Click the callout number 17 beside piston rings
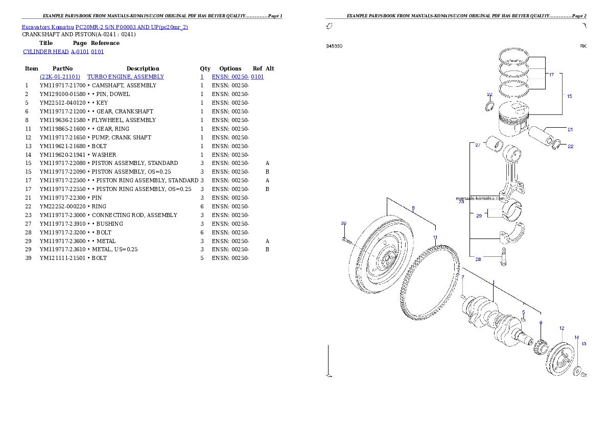[x=551, y=75]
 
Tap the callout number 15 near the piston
[x=569, y=96]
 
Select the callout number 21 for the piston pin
[x=570, y=129]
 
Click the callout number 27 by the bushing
[x=478, y=146]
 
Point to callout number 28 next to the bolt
[x=478, y=259]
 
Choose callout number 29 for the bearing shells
[x=479, y=216]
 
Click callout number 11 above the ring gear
[x=435, y=237]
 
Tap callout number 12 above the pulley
[x=562, y=328]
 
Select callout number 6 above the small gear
[x=541, y=323]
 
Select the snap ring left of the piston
[x=489, y=107]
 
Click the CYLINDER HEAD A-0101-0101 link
[x=64, y=52]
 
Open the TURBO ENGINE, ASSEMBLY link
[x=126, y=77]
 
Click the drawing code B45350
[x=334, y=46]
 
